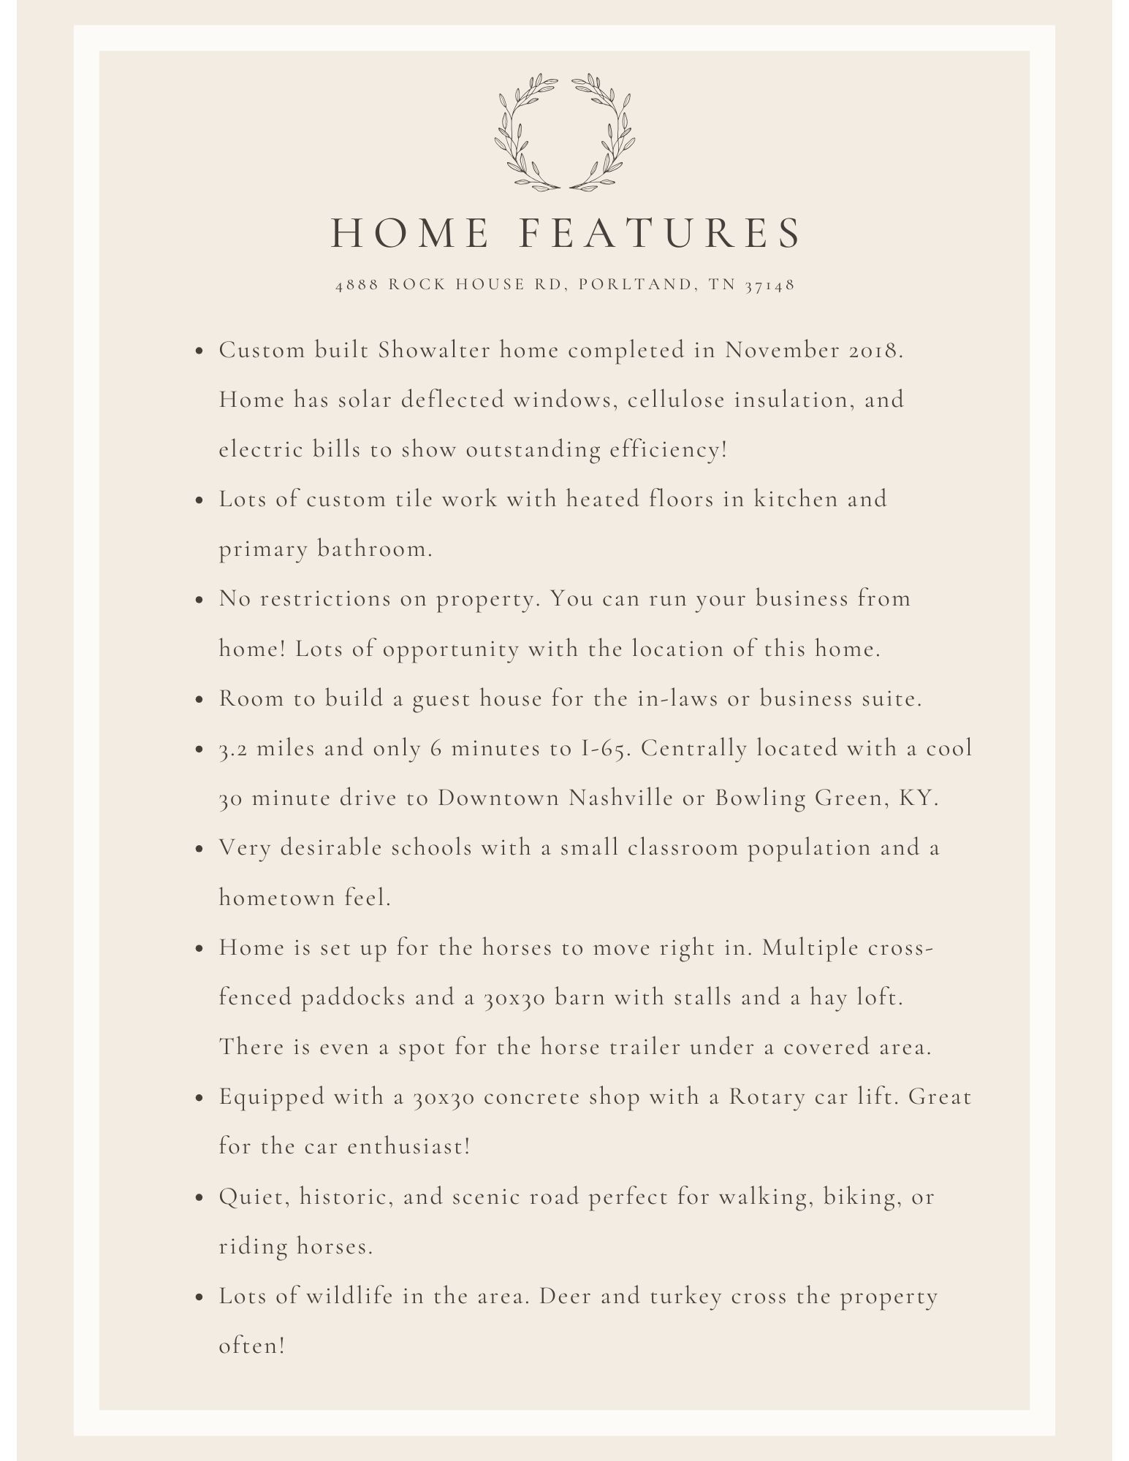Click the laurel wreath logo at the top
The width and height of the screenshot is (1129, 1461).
pos(564,132)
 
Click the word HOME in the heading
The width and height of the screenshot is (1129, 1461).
pos(410,233)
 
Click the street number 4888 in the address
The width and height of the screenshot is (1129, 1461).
pos(357,285)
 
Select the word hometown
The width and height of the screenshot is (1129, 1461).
pos(276,898)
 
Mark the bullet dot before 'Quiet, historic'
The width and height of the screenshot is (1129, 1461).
pos(199,1198)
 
